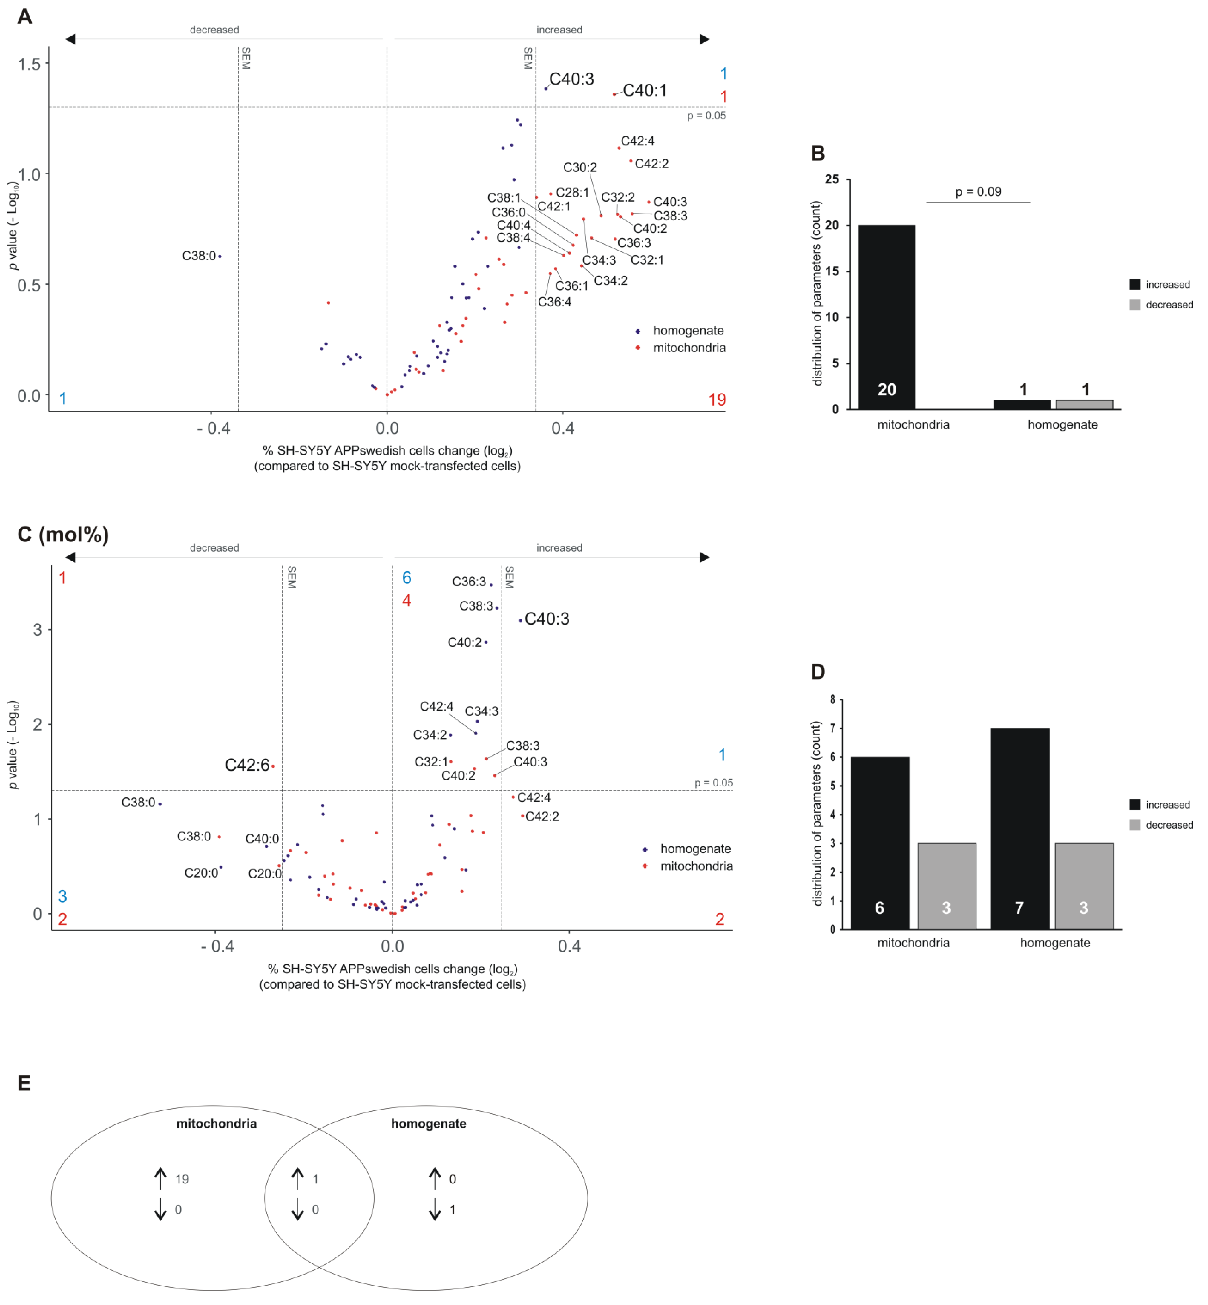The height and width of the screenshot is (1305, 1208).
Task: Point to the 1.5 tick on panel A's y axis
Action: pyautogui.click(x=29, y=64)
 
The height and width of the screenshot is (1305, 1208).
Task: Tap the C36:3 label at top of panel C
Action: pyautogui.click(x=469, y=582)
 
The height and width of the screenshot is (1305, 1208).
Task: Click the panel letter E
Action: pyautogui.click(x=24, y=1083)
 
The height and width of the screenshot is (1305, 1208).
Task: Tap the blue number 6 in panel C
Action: pyautogui.click(x=406, y=578)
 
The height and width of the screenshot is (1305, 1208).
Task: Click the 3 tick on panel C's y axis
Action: pyautogui.click(x=37, y=630)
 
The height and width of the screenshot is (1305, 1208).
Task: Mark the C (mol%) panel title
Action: pyautogui.click(x=63, y=535)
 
